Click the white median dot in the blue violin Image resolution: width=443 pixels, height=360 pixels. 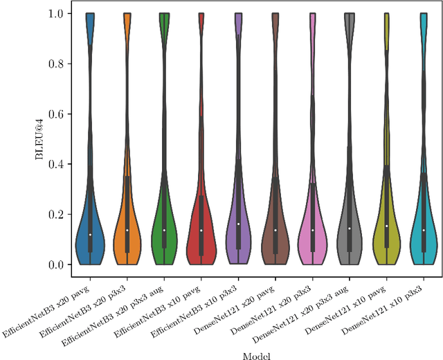click(90, 235)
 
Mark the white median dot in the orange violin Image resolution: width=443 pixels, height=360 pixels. click(127, 230)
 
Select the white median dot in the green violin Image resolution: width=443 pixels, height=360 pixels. click(164, 230)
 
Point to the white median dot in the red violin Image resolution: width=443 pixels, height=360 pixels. click(201, 230)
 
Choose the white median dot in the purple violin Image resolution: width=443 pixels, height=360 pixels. click(238, 224)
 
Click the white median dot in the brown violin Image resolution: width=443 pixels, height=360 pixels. click(275, 230)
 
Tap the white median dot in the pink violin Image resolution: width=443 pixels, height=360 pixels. click(312, 230)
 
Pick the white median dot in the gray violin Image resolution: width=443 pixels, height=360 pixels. click(350, 228)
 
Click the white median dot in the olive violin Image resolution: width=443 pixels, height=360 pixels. click(386, 226)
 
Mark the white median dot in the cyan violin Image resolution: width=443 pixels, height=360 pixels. click(424, 230)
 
